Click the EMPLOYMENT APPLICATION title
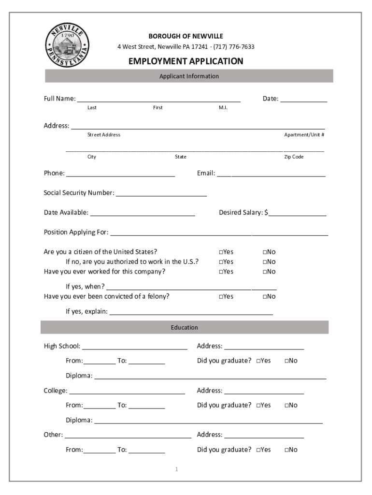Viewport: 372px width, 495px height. point(186,61)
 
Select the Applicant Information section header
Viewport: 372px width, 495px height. point(189,76)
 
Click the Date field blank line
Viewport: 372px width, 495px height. point(304,100)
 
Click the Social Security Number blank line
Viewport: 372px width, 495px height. point(161,194)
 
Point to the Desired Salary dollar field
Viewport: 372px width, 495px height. point(298,213)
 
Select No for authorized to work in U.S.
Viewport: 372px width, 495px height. point(265,262)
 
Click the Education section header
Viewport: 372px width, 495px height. point(185,328)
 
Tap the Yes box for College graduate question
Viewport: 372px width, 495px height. point(259,406)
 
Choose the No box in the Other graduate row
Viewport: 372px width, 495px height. point(287,450)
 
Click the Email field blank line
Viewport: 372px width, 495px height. point(271,174)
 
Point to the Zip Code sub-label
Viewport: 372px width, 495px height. point(294,157)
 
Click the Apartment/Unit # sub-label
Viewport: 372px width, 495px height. point(304,135)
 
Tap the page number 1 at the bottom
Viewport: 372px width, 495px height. point(177,469)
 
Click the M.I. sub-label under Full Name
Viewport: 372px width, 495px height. point(223,108)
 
